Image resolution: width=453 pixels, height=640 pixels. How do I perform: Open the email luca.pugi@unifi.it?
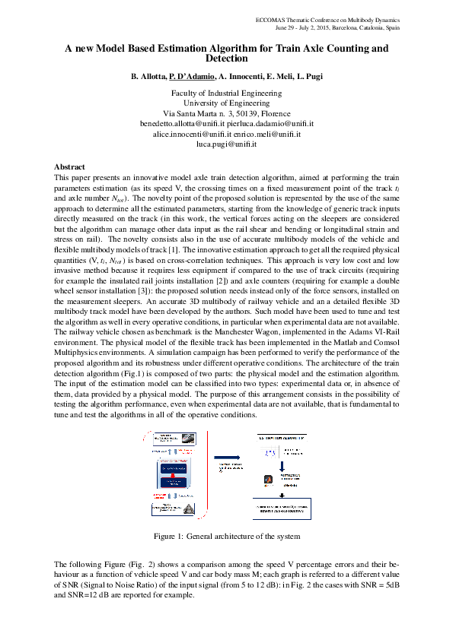226,143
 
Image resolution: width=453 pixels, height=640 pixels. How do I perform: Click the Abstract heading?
69,166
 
